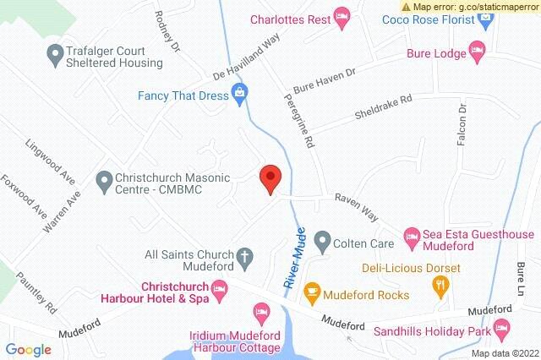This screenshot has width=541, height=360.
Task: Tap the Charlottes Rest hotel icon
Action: [x=342, y=14]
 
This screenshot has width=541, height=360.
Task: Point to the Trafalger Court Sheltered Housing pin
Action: [x=56, y=55]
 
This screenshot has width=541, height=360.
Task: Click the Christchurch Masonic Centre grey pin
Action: [x=105, y=180]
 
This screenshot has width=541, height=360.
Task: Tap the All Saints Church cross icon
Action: [x=244, y=255]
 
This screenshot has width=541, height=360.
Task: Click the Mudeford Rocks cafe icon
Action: [x=312, y=294]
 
